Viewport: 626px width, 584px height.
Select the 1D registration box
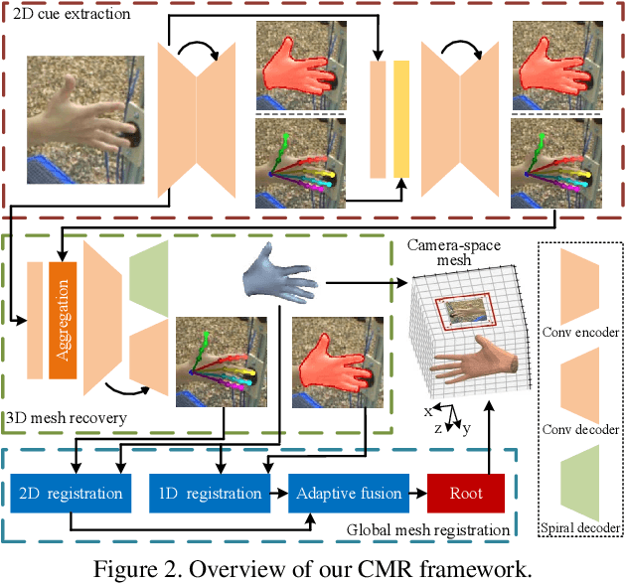point(210,493)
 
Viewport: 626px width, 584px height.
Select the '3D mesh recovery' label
point(67,418)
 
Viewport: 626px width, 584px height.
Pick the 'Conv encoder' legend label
point(581,331)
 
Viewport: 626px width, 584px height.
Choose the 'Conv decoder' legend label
point(581,429)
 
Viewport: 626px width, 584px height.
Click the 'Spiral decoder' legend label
point(581,527)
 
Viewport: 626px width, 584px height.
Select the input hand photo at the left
point(84,119)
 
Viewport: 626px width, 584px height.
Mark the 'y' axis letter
point(466,427)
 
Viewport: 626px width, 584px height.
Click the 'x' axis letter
point(429,410)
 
